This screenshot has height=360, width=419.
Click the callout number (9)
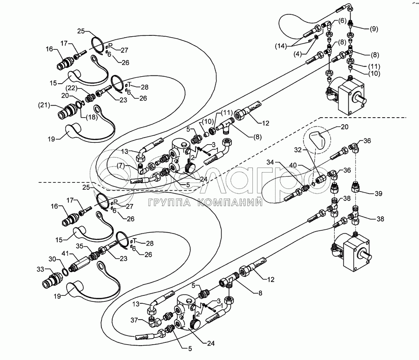click(x=374, y=29)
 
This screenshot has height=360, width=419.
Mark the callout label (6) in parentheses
click(x=342, y=21)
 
